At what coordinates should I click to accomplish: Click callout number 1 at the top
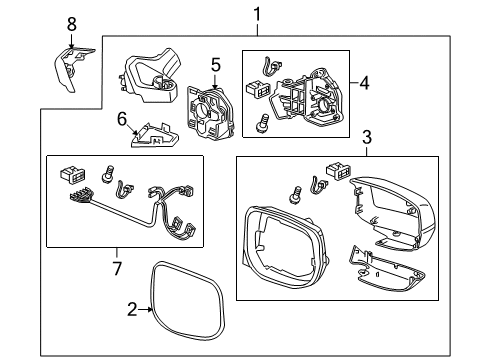click(x=257, y=14)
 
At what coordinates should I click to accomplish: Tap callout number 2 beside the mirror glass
click(x=132, y=310)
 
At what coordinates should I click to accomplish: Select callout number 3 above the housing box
click(x=367, y=137)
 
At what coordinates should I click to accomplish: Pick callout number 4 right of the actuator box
click(x=365, y=82)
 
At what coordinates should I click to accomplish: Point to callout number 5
click(x=216, y=65)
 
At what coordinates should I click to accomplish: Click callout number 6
click(x=122, y=119)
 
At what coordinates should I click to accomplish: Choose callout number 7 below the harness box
click(x=117, y=268)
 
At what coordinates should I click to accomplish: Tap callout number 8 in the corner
click(x=72, y=24)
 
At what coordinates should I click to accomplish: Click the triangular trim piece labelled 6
click(x=154, y=136)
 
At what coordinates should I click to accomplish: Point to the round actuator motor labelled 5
click(x=209, y=113)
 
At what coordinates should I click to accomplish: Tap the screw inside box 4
click(x=261, y=123)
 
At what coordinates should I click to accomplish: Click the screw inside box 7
click(x=107, y=174)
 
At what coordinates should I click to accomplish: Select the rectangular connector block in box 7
click(x=72, y=175)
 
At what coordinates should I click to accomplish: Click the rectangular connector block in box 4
click(x=258, y=90)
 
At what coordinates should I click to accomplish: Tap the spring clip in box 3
click(x=318, y=185)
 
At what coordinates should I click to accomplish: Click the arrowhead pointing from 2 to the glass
click(x=150, y=310)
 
